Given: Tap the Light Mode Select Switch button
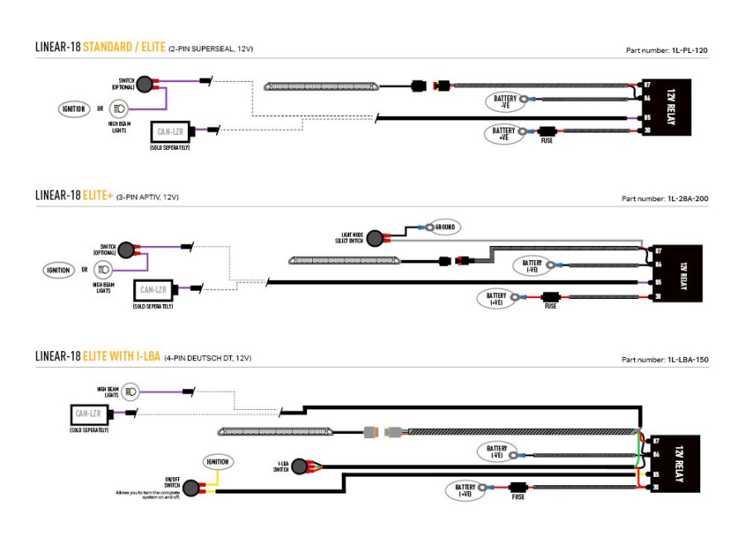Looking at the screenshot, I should point(377,239).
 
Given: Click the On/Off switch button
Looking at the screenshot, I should point(193,489).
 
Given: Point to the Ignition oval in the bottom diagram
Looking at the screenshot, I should point(219,461).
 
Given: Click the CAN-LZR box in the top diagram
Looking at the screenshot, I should point(170,131).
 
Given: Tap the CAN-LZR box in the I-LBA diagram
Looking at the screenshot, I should point(89,413).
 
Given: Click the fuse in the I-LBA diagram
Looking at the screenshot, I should point(519,489).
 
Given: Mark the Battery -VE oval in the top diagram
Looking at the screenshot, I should point(505,102).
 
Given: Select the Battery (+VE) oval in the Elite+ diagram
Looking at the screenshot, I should point(497,298).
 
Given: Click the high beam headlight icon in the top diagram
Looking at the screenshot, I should point(120,108).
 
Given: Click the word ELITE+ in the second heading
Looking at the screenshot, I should point(97,195).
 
